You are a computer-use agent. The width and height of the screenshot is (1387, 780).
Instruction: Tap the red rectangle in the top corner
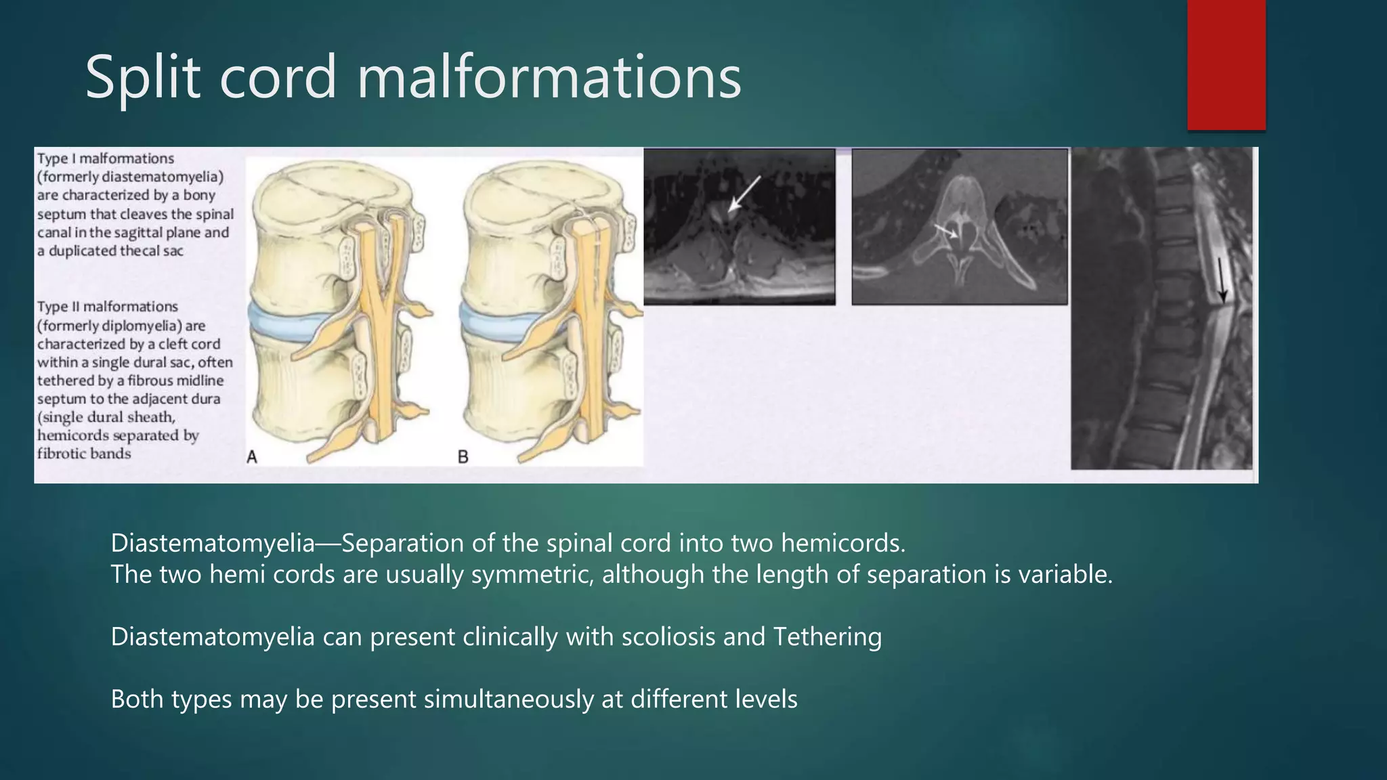[x=1226, y=64]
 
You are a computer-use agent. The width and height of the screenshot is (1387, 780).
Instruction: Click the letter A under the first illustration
[x=252, y=457]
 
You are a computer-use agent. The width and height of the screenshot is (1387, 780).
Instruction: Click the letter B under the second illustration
[x=463, y=457]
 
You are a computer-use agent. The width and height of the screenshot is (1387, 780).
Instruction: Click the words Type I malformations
[x=106, y=158]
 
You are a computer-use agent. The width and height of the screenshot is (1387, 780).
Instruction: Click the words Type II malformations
[x=108, y=307]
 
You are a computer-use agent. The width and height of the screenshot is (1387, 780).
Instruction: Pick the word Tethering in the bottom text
[x=827, y=636]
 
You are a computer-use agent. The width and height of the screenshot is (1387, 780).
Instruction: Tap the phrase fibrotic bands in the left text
[x=84, y=454]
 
